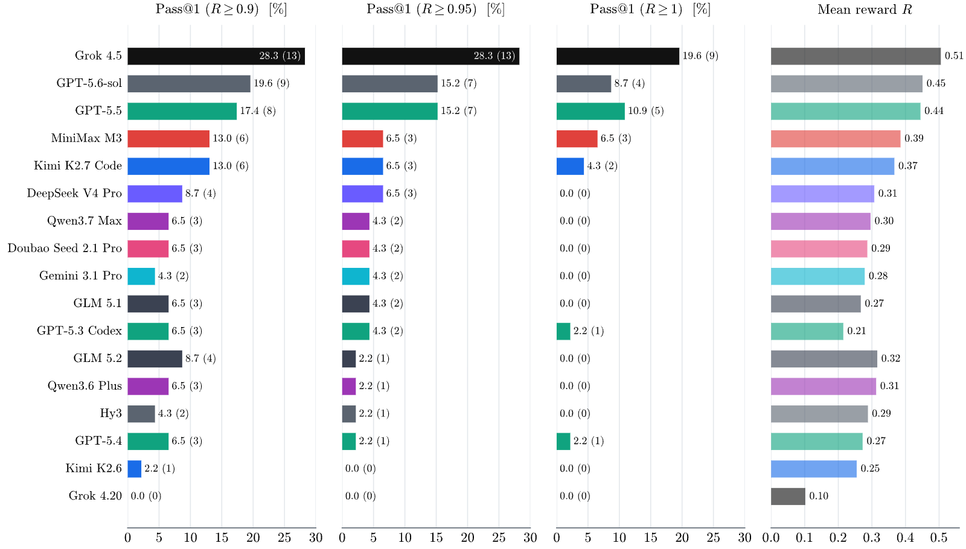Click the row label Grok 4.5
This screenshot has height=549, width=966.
(98, 56)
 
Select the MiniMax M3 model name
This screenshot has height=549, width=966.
(86, 138)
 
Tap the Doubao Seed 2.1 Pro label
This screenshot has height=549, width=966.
(65, 248)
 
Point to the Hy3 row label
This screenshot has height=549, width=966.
(111, 413)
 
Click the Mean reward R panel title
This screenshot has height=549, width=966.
(865, 10)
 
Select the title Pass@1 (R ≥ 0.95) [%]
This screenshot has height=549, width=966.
(435, 10)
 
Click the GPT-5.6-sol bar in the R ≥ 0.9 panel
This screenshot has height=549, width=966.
(189, 84)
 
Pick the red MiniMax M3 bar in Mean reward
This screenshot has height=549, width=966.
(836, 139)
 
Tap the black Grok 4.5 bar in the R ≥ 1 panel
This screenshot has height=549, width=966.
(618, 56)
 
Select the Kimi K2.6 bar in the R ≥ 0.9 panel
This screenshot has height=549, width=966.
(135, 469)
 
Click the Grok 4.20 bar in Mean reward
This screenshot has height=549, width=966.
(788, 497)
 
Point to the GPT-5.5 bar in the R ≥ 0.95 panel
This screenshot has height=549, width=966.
(390, 111)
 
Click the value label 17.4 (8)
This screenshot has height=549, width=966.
(258, 111)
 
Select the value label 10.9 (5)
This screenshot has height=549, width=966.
(645, 111)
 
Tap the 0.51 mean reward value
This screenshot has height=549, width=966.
(954, 56)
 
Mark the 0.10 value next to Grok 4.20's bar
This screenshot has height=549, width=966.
(819, 496)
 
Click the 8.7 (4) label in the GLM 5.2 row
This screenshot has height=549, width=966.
(200, 358)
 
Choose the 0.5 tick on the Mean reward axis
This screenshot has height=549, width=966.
(939, 538)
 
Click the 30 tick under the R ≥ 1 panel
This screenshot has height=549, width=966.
(745, 538)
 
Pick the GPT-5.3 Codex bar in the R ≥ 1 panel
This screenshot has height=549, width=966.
(564, 331)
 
